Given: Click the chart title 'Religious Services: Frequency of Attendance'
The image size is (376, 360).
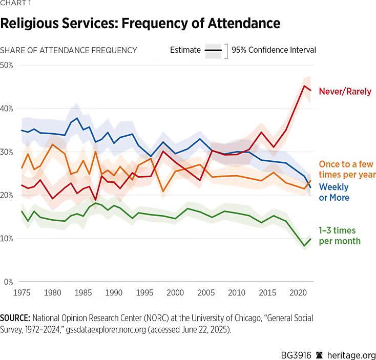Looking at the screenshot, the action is tap(140, 24).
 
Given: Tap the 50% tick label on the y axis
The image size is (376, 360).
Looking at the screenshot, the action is tap(7, 66).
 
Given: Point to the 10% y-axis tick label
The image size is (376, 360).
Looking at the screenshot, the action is tap(7, 239).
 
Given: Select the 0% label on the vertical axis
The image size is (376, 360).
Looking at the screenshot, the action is tap(8, 282).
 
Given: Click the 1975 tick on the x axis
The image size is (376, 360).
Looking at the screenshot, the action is tap(22, 292).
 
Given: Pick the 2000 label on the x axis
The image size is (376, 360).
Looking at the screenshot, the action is tap(175, 292).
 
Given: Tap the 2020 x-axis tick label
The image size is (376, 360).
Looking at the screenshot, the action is tap(298, 292).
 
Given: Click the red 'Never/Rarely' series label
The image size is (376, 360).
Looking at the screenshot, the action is tap(345, 91).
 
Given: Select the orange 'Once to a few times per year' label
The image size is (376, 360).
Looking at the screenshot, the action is tap(347, 169).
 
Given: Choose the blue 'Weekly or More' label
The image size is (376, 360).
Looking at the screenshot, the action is tap(334, 192).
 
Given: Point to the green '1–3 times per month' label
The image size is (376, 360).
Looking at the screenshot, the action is tap(340, 236).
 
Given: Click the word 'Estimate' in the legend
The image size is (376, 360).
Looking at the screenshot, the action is tap(185, 50).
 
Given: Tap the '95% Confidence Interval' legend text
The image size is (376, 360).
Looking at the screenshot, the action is tap(274, 50).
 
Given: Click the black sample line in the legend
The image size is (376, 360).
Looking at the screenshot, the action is tap(213, 50).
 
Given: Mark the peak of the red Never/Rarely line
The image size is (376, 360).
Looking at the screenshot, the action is tap(304, 86).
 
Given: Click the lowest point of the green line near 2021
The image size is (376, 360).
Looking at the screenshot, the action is tap(304, 246).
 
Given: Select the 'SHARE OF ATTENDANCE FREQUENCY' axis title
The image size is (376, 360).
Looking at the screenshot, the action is tap(69, 50).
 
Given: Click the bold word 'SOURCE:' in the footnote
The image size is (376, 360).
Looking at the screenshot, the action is tap(15, 318).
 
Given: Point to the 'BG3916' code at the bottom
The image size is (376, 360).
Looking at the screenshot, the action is tap(296, 355).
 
